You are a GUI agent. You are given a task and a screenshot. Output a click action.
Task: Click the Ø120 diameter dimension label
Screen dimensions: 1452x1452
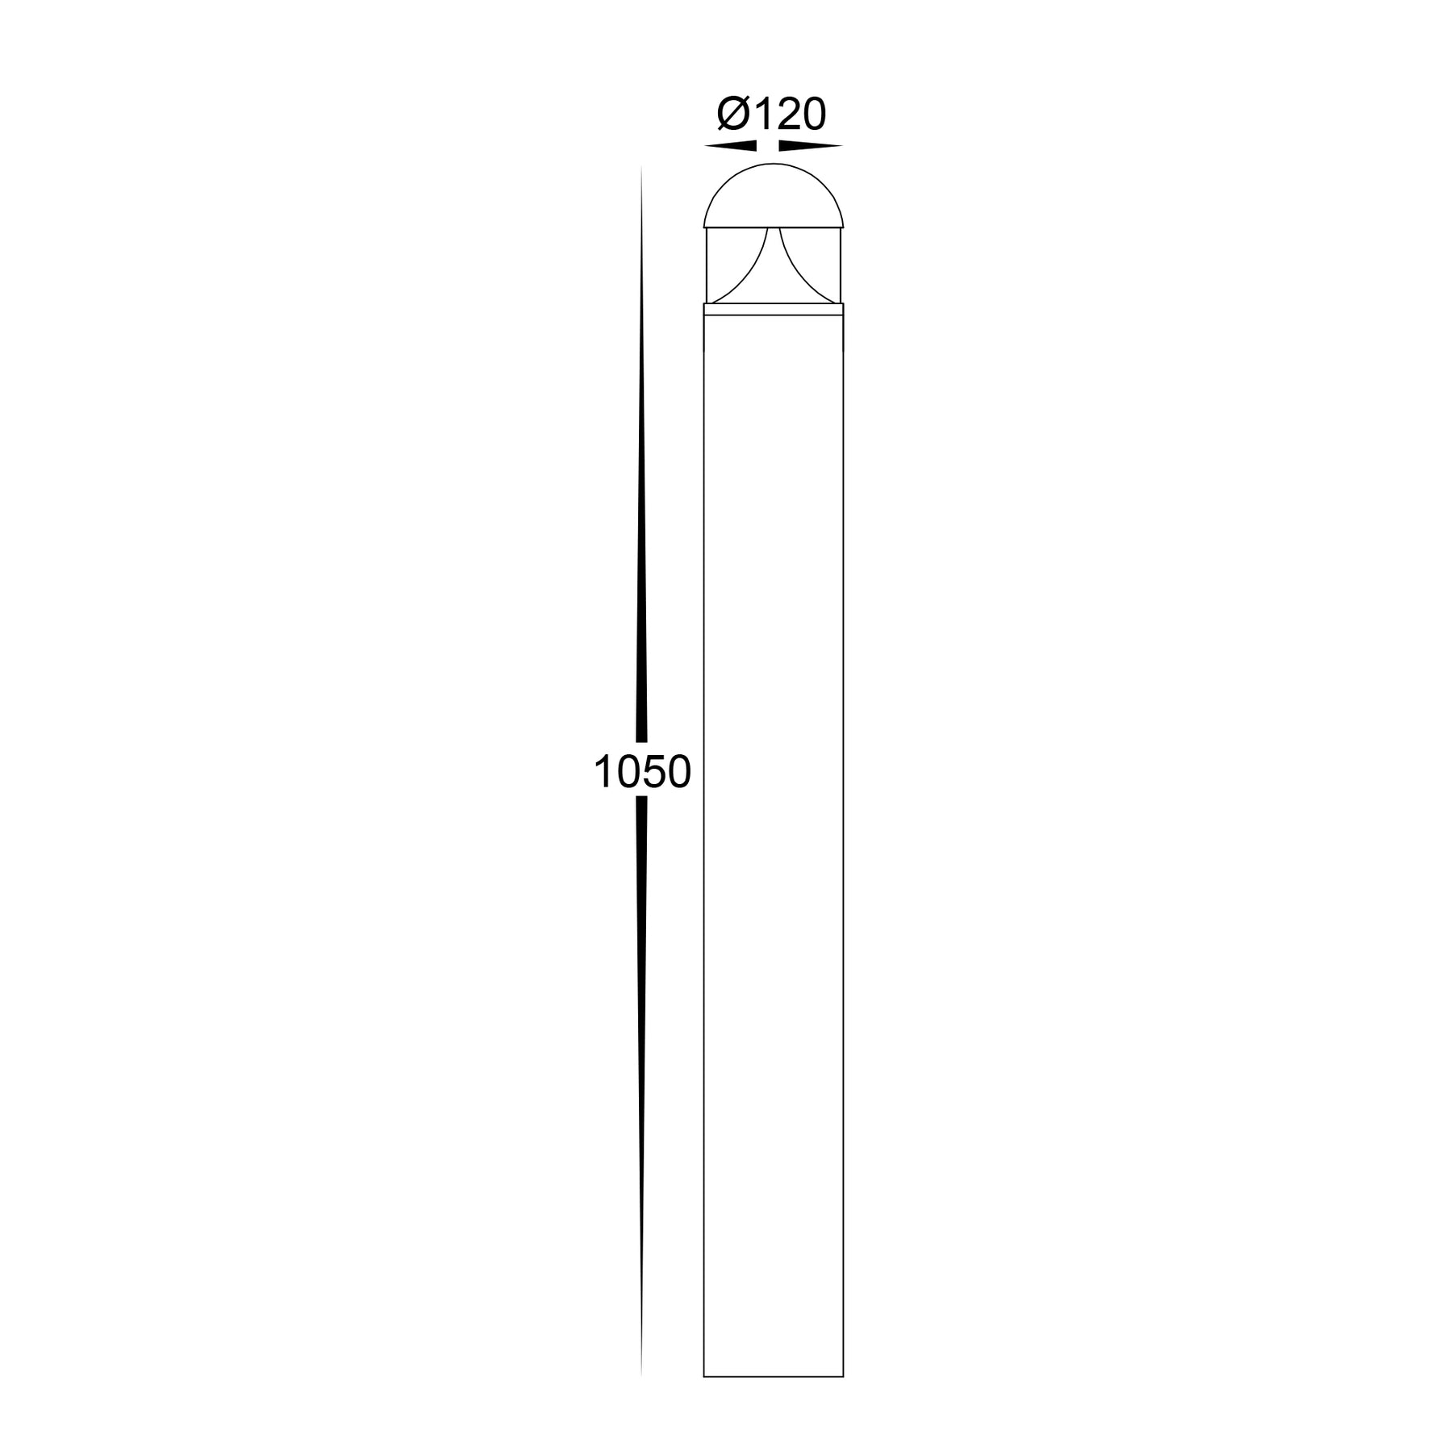click(772, 115)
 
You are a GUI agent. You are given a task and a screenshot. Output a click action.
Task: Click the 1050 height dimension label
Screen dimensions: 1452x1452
click(642, 772)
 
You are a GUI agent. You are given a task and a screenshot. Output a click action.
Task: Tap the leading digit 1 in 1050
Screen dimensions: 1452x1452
click(605, 772)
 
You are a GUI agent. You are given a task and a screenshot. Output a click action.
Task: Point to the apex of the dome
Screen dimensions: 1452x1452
click(773, 164)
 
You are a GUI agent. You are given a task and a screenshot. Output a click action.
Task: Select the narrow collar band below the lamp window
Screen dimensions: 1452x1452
click(773, 307)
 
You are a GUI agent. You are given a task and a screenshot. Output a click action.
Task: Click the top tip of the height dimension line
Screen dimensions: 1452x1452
click(641, 168)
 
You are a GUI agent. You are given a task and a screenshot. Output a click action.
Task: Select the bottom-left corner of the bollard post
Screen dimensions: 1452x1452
click(704, 1376)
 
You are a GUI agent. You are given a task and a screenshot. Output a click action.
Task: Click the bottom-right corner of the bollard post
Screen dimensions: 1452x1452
click(843, 1376)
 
